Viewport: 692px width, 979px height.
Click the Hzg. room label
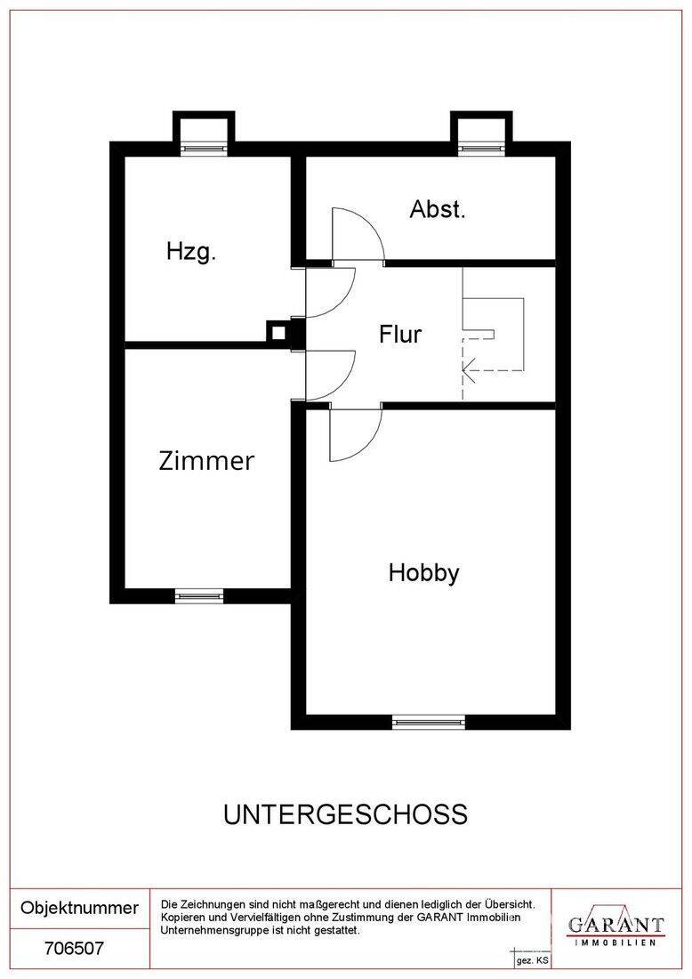191,252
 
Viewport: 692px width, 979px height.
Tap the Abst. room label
438,209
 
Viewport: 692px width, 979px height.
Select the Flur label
400,334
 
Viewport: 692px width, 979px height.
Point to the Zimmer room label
206,461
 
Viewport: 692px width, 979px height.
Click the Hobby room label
423,572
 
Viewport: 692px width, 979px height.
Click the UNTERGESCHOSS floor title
346,814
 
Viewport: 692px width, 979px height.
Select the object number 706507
74,949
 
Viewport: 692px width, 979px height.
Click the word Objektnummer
80,908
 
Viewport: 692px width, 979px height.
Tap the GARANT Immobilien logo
616,926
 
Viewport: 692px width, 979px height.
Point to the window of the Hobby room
428,723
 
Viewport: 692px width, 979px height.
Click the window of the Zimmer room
199,596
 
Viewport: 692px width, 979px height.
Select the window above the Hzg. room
204,149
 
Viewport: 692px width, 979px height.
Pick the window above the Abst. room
481,149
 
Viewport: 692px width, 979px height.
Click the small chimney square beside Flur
278,333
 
